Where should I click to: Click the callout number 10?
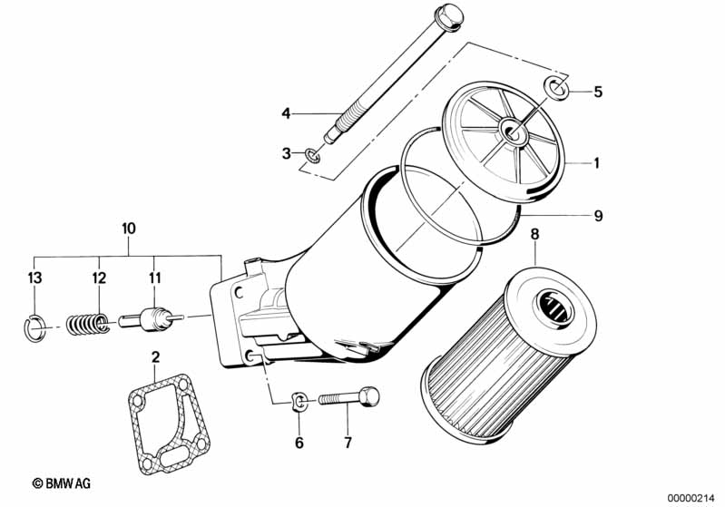coord(129,229)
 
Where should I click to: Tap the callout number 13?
coord(34,278)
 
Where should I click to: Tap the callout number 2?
coord(156,356)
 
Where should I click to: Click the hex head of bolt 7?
coord(369,396)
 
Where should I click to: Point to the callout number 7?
coord(348,443)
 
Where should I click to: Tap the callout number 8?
coord(534,234)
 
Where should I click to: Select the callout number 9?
coord(598,216)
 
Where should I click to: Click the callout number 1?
coord(596,163)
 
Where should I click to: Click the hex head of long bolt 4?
coord(448,16)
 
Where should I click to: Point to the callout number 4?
coord(286,113)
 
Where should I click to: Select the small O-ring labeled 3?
coord(312,156)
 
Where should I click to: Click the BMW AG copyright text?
coord(62,483)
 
